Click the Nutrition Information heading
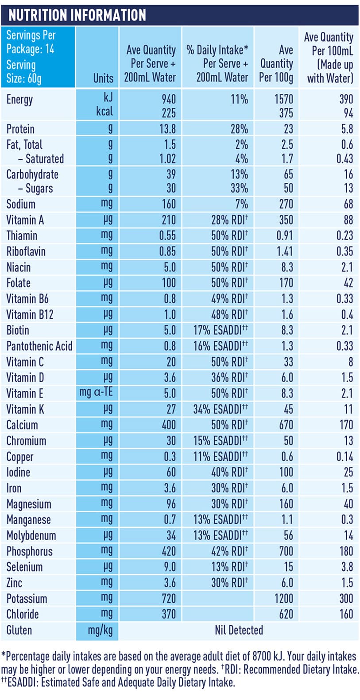click(77, 15)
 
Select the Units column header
click(103, 78)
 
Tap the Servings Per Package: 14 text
click(31, 42)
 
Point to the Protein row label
click(20, 129)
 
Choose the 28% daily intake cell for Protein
click(239, 129)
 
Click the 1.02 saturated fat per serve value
click(167, 159)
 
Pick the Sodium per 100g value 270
click(286, 204)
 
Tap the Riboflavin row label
click(26, 251)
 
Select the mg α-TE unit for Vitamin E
click(96, 393)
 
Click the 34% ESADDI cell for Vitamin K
click(221, 409)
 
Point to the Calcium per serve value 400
click(168, 425)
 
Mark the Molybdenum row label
click(31, 536)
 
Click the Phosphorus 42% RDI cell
click(229, 551)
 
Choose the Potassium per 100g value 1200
click(283, 599)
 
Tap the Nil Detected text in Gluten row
click(239, 630)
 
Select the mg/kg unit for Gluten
click(100, 630)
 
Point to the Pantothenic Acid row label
click(39, 346)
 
